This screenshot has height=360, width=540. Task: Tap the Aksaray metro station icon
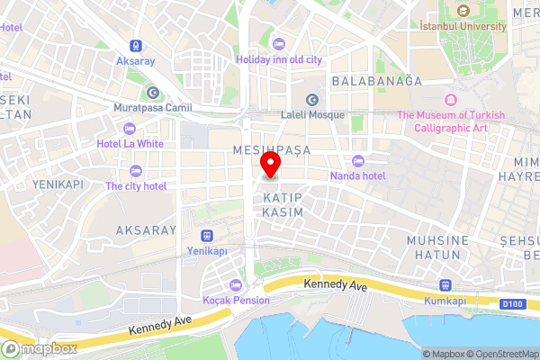click(x=135, y=45)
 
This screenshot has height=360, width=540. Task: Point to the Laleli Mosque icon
click(x=312, y=100)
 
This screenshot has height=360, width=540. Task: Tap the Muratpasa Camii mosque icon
click(x=152, y=93)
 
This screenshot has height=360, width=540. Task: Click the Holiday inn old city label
click(x=279, y=58)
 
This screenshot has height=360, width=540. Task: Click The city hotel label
click(x=136, y=185)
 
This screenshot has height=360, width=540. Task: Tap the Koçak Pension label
click(x=236, y=300)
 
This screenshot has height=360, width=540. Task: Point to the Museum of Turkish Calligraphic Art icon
click(x=450, y=99)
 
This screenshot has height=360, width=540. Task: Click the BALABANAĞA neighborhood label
click(x=376, y=81)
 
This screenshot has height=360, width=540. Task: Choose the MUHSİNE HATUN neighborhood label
click(x=438, y=247)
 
